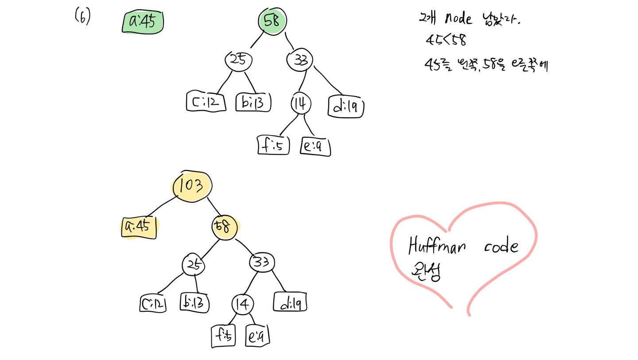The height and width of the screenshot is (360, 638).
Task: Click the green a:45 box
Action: (x=143, y=22)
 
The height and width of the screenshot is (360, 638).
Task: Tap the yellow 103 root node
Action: (x=191, y=186)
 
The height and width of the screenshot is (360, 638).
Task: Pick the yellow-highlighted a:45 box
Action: (x=139, y=227)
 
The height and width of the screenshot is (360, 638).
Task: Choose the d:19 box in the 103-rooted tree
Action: (x=291, y=303)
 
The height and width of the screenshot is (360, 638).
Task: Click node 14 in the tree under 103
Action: (x=243, y=304)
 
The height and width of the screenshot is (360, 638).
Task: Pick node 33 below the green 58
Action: (x=300, y=60)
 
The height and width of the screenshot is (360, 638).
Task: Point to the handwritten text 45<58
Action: (x=446, y=40)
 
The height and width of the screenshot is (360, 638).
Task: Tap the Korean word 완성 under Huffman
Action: (x=425, y=271)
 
